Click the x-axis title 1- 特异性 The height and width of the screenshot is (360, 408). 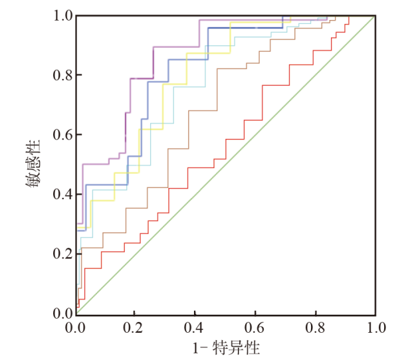[227, 347]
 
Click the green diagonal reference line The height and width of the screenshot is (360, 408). [226, 164]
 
